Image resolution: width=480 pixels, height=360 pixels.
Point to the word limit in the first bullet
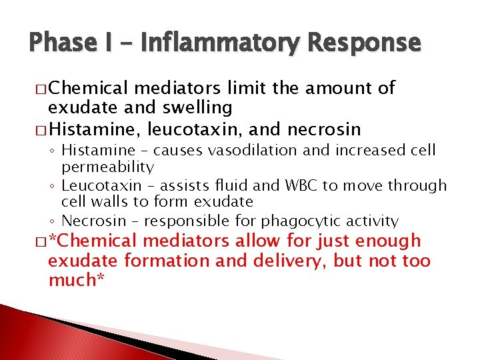pyautogui.click(x=244, y=88)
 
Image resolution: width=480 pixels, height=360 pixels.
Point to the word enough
pyautogui.click(x=388, y=241)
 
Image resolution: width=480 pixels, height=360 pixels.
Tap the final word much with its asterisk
pyautogui.click(x=73, y=280)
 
